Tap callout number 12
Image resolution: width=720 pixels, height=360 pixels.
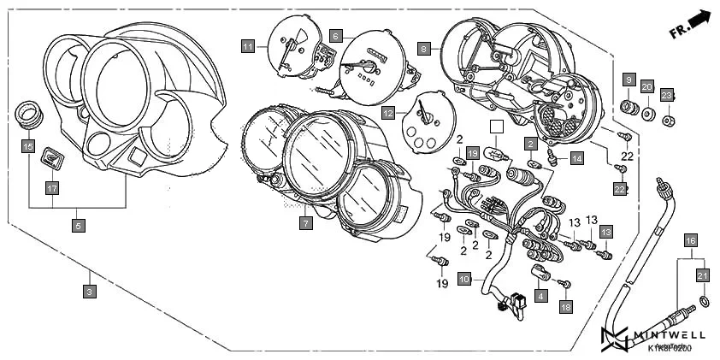387,112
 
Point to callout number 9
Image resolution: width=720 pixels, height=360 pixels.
629,79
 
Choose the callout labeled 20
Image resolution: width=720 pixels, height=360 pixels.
647,87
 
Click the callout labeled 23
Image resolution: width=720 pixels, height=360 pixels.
667,95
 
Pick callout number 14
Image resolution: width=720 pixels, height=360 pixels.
577,158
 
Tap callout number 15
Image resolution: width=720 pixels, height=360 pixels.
28,146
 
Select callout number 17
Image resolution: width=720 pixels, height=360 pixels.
51,187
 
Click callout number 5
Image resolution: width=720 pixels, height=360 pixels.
78,226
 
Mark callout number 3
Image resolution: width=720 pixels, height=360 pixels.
89,292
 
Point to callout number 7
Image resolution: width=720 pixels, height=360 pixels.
305,223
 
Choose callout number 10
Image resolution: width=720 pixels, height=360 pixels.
464,279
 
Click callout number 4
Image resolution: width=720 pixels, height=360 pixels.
540,295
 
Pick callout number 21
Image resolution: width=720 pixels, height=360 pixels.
703,274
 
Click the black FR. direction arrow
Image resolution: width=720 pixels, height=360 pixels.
700,20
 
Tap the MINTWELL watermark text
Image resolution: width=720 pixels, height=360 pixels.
667,336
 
